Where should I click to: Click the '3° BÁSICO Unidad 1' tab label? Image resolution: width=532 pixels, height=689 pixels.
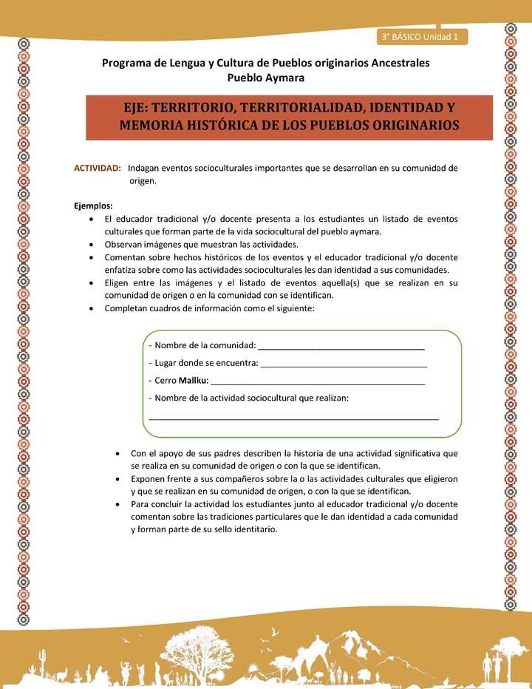(x=420, y=36)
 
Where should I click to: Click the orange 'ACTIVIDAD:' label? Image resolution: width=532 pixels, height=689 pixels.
(x=98, y=168)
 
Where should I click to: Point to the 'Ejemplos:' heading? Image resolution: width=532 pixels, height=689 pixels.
(x=93, y=206)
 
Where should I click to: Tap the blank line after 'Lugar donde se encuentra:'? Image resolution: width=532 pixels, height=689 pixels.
(x=344, y=364)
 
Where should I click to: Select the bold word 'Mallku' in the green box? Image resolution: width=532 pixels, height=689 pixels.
(x=194, y=381)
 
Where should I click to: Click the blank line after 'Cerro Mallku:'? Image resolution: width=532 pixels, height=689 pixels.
(x=318, y=383)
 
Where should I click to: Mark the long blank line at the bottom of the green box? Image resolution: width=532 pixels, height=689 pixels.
(x=293, y=418)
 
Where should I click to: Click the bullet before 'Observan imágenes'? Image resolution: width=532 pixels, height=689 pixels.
(x=90, y=244)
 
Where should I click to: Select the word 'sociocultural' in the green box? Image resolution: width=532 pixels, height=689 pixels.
(x=282, y=398)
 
